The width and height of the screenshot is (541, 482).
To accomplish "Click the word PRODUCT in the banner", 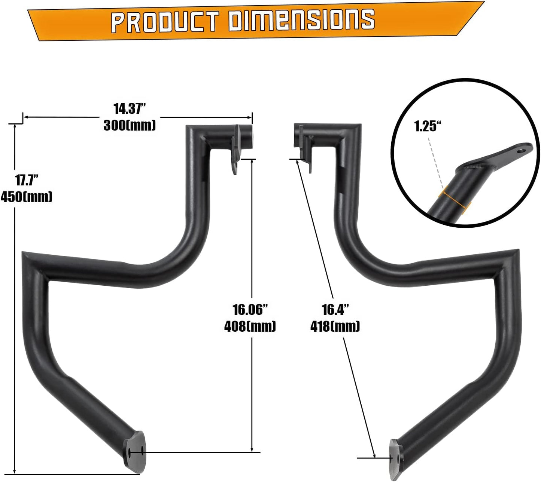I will [165, 22].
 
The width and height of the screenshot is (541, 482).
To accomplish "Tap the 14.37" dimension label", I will [129, 109].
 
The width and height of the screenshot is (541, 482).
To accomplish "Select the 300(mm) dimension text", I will [130, 125].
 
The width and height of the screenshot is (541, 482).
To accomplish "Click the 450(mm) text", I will [26, 197].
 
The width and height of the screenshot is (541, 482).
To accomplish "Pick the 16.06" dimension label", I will [250, 310].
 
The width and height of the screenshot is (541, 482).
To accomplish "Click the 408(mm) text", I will [250, 326].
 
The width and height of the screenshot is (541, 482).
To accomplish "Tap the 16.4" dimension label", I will [335, 310].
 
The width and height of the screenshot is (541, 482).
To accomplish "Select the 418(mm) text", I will [335, 326].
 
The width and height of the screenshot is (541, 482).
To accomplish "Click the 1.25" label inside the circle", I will [425, 126].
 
